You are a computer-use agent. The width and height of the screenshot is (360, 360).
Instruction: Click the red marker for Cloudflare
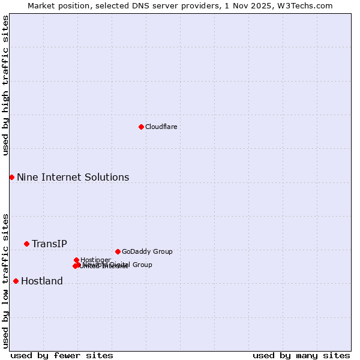coord(141,127)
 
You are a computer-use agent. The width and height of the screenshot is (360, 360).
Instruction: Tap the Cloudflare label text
coord(161,127)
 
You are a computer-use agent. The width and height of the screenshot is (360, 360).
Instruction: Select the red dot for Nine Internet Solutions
coord(11,177)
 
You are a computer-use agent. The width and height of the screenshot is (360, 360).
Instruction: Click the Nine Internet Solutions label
coord(73,177)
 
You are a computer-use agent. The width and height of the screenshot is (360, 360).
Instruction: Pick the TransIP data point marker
coord(26,244)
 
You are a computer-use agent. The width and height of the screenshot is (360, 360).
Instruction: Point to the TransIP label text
coord(49,244)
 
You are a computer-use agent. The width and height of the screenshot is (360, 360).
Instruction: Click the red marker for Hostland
coord(16,281)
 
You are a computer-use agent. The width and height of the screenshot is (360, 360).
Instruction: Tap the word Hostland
coord(42,281)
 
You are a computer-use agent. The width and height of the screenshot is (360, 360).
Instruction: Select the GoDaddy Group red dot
coord(118,251)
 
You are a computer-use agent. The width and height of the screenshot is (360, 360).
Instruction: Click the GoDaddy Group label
coord(147,251)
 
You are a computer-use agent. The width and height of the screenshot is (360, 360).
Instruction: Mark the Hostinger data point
coord(76,260)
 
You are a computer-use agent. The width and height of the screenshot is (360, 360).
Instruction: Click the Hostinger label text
coord(95,260)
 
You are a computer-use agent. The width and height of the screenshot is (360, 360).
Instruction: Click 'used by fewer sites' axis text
coord(62,355)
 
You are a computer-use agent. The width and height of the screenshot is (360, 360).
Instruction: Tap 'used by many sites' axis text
coord(301,355)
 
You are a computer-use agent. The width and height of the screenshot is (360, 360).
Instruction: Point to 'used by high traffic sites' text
coord(5,85)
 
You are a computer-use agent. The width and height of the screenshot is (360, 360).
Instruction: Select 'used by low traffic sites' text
coord(5,280)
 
